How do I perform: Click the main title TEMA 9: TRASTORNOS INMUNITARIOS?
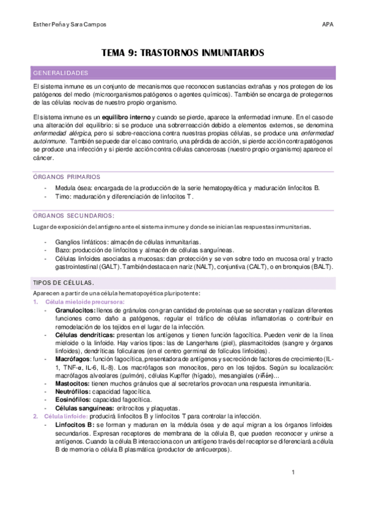coord(183,53)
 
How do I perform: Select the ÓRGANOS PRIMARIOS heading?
coord(62,177)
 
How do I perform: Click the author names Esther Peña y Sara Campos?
coord(64,24)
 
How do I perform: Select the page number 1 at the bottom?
coord(293,472)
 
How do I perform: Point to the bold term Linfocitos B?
coord(73,423)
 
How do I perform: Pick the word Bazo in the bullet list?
coord(63,250)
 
